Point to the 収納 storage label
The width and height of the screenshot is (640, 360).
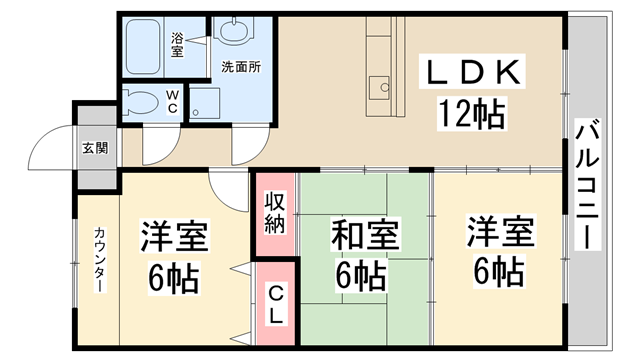click(x=274, y=212)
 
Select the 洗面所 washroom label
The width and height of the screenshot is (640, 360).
click(x=240, y=68)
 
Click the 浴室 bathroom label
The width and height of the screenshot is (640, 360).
click(x=177, y=44)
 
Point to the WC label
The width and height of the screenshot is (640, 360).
click(x=172, y=103)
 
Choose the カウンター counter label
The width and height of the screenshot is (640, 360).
click(x=100, y=259)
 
